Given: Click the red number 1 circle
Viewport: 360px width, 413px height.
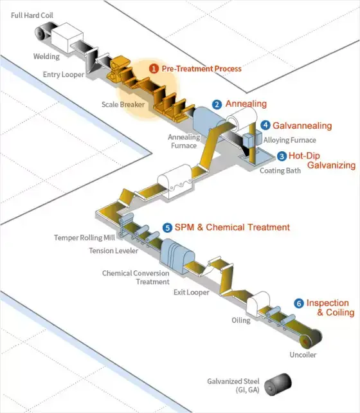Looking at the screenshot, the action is point(154,69).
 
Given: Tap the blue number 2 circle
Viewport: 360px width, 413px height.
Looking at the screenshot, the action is point(217,105).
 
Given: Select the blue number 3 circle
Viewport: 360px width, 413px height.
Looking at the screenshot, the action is point(282,156).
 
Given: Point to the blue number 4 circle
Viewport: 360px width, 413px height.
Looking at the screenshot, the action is point(265,125).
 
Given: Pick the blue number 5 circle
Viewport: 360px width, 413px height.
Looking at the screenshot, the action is point(167,228).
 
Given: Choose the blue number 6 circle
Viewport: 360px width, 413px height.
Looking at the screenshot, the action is point(299,304).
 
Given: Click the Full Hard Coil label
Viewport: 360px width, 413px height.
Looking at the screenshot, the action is point(32,15).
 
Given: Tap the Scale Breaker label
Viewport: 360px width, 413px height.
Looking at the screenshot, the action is point(123,105).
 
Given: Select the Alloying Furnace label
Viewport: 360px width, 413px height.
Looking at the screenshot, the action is point(290,140).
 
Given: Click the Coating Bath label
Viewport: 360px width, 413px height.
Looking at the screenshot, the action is point(280,170).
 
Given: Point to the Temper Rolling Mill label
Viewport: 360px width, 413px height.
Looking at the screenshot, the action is point(84,237).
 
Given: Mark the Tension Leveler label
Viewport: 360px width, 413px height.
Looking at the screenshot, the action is point(113,251).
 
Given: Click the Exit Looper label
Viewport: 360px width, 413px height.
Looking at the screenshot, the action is point(192,292).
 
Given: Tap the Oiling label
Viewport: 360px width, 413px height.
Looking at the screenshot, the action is point(241,320).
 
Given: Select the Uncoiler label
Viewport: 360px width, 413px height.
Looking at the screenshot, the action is point(303,355).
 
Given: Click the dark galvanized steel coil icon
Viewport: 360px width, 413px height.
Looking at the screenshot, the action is point(278,384).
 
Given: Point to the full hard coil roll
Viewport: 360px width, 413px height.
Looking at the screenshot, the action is point(42,32).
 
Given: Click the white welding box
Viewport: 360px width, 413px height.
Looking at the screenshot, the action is point(67,37).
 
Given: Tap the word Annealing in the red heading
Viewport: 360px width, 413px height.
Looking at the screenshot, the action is point(246,104).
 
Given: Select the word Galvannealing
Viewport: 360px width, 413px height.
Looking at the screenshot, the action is point(302,126).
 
